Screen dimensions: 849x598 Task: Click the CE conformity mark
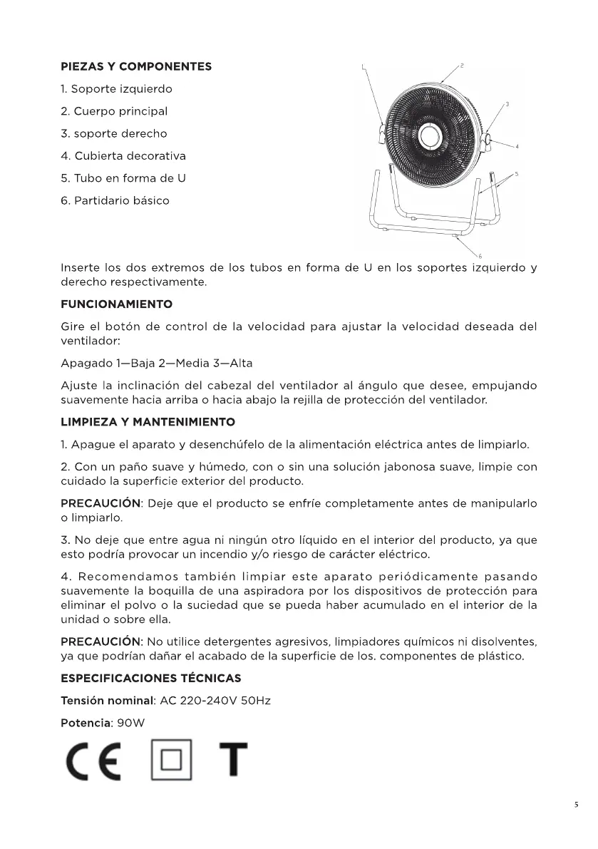91,761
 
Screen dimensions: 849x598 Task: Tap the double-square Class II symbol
172,761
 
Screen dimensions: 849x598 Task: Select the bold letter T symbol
233,761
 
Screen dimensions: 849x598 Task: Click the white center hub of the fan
431,135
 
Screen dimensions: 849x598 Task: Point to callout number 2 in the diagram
462,66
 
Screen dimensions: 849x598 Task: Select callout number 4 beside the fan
517,146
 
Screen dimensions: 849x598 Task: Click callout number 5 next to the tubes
515,174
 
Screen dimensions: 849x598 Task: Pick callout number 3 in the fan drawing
507,105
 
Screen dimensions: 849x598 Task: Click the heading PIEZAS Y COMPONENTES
136,67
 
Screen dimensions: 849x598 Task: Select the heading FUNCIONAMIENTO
117,304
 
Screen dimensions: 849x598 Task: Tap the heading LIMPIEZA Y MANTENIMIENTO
148,423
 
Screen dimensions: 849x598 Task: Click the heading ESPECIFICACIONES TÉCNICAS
151,678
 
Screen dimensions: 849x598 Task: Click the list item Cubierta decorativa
123,156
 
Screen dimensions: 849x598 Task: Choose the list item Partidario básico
115,201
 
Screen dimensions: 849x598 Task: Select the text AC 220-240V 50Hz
215,701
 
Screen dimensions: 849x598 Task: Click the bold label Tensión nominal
107,701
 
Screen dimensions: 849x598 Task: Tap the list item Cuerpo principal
115,112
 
